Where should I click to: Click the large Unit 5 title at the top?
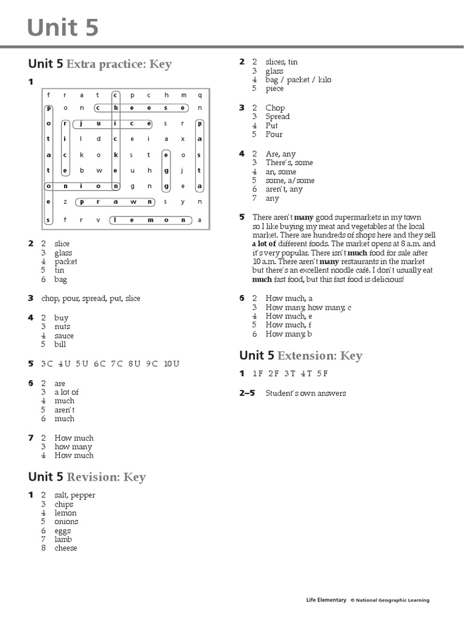click(63, 28)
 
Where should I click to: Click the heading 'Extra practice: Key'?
click(119, 63)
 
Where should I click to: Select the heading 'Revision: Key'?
click(106, 477)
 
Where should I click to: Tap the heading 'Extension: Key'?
click(310, 355)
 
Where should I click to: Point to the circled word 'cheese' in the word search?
click(141, 108)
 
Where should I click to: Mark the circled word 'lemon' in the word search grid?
click(150, 220)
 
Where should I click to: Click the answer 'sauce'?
click(64, 335)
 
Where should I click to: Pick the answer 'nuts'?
click(62, 326)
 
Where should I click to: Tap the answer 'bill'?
click(60, 345)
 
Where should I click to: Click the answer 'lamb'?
click(63, 539)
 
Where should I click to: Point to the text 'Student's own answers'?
click(306, 393)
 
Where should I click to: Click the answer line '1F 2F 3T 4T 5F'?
click(290, 374)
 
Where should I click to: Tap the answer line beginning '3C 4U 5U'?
click(110, 363)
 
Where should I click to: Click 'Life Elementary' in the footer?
click(326, 600)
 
